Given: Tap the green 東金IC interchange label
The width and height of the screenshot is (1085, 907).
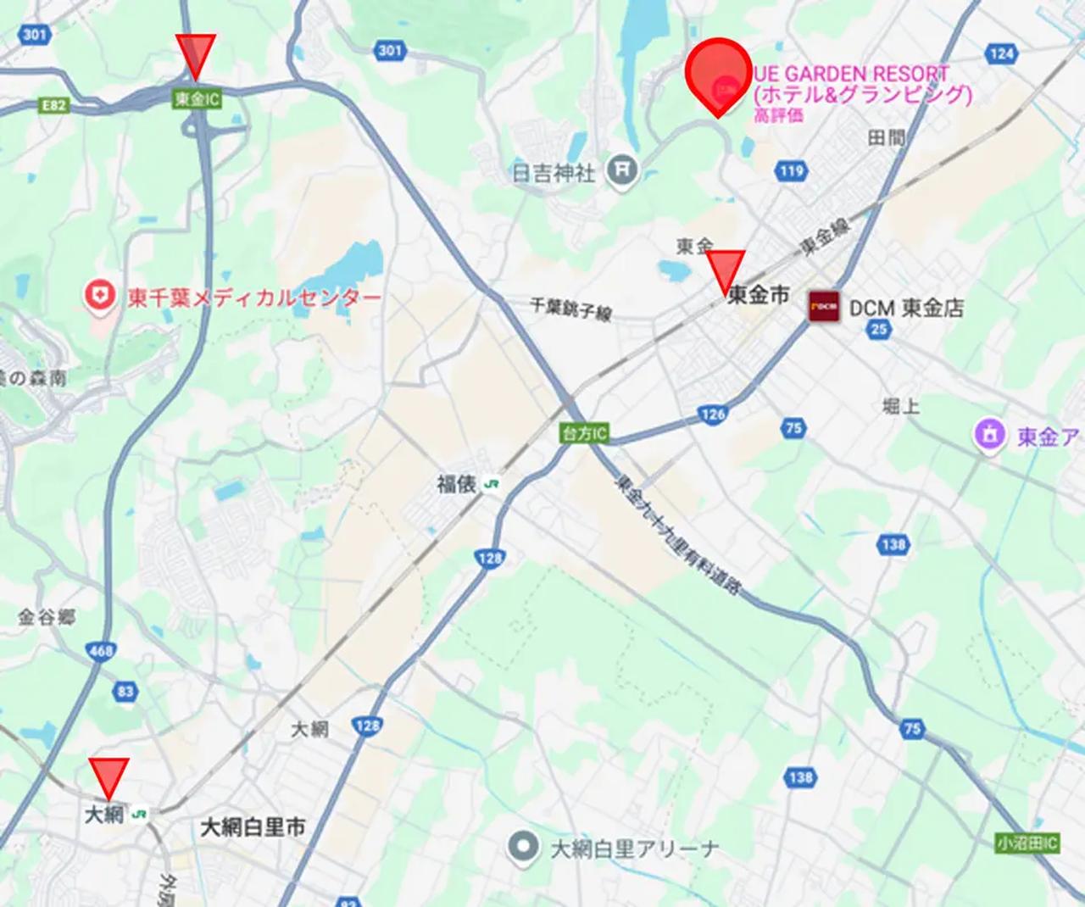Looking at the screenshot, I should [197, 99].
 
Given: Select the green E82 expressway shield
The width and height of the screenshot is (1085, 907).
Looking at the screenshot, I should [53, 105].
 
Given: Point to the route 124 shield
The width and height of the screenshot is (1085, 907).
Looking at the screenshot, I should [1001, 53].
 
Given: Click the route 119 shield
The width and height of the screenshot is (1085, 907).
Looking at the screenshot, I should [789, 171].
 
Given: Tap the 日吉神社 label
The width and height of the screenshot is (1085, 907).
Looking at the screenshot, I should [554, 173].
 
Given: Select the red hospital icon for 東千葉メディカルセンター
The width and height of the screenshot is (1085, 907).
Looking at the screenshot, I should [101, 296].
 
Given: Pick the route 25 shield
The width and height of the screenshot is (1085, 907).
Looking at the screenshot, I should [879, 329].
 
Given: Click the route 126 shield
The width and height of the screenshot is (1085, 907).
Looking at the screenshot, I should [713, 415].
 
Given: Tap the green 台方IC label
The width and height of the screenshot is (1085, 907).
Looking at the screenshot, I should [585, 434].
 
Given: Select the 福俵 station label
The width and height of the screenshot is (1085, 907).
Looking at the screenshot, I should [457, 484].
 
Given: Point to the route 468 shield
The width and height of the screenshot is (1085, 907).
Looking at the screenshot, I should [101, 651].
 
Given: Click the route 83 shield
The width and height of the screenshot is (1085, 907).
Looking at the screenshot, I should [125, 691].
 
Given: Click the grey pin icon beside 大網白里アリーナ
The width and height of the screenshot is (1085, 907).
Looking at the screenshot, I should [524, 846].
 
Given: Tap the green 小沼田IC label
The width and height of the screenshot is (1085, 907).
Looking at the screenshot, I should [1027, 843].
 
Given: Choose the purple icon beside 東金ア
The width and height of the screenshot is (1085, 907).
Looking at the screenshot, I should [989, 435].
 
